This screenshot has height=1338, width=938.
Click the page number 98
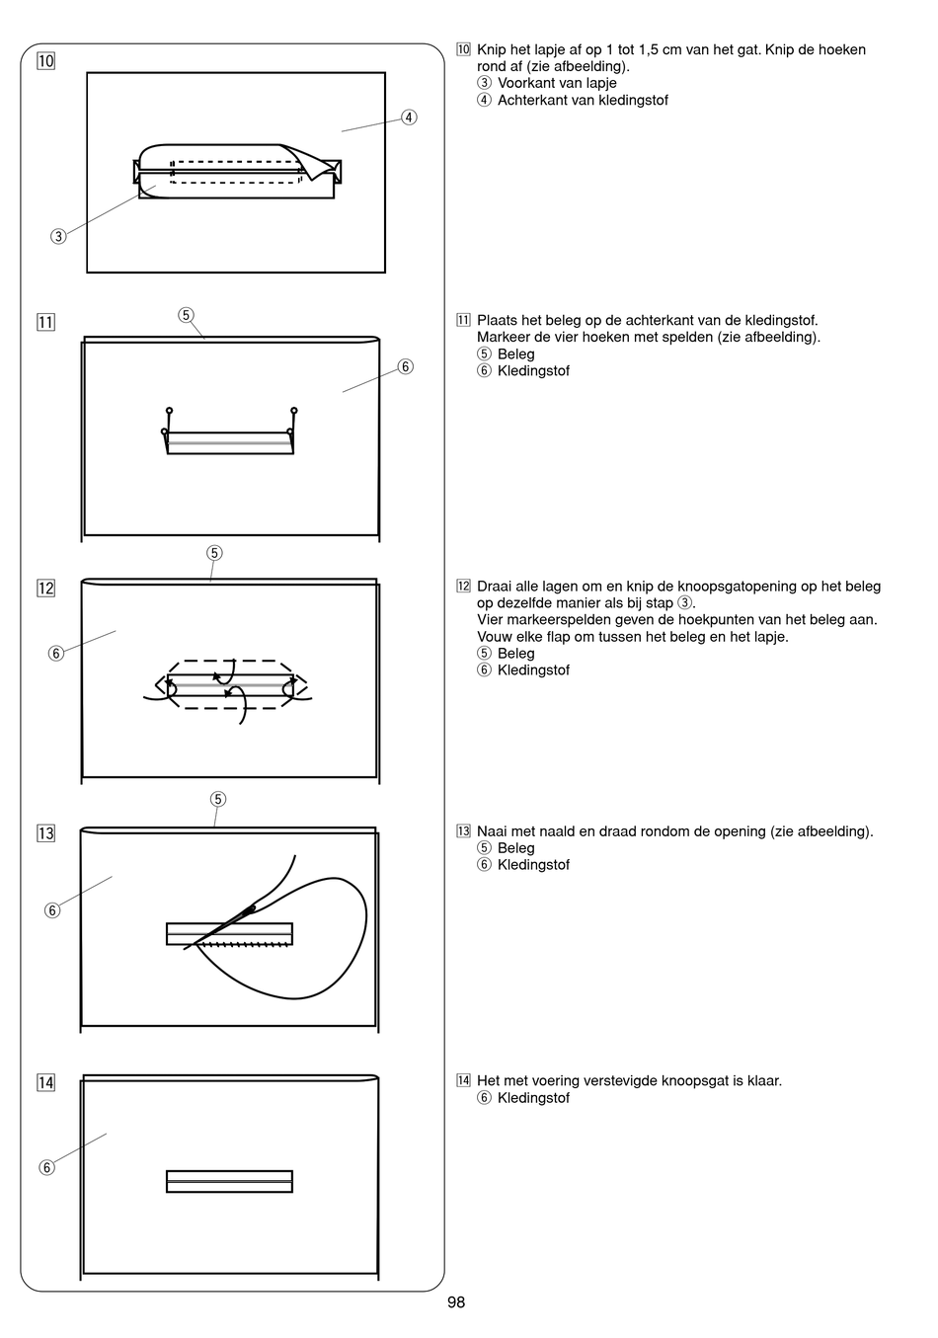click(455, 1302)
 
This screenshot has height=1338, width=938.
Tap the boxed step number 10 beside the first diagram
click(45, 61)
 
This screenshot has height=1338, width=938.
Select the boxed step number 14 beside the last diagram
click(45, 1082)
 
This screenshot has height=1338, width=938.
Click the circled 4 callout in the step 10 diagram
click(409, 118)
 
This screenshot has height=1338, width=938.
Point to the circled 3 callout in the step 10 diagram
click(59, 236)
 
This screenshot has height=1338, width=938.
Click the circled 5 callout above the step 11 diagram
click(186, 315)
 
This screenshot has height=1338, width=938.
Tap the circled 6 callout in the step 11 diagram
click(405, 367)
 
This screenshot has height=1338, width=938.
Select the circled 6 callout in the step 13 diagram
click(52, 910)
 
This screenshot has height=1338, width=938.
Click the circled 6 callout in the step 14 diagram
click(46, 1168)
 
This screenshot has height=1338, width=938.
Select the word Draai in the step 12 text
click(496, 587)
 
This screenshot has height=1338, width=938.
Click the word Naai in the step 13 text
click(494, 831)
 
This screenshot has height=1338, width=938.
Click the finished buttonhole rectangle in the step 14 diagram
click(229, 1181)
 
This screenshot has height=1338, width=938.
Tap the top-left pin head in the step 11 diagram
click(170, 410)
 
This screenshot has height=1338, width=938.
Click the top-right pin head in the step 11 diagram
click(294, 410)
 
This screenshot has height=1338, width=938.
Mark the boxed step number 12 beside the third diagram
click(45, 589)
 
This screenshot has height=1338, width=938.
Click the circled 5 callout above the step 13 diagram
click(218, 798)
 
